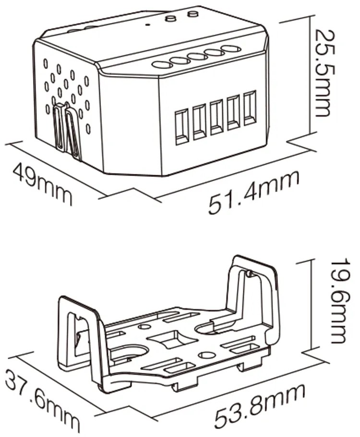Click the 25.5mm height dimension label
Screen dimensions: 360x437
pyautogui.click(x=323, y=73)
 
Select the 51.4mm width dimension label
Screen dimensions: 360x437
pyautogui.click(x=254, y=192)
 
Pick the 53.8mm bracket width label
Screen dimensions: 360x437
pyautogui.click(x=260, y=407)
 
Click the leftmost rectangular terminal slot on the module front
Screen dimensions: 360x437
pyautogui.click(x=181, y=127)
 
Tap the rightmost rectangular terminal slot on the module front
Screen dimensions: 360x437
pyautogui.click(x=250, y=108)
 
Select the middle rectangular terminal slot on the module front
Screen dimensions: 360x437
pyautogui.click(x=216, y=117)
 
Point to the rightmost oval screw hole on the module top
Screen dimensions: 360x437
pyautogui.click(x=231, y=49)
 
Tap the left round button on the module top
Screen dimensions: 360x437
pyautogui.click(x=170, y=18)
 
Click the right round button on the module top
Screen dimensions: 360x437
pyautogui.click(x=192, y=13)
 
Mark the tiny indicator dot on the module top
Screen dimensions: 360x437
pyautogui.click(x=148, y=25)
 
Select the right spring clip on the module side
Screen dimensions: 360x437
pyautogui.click(x=73, y=133)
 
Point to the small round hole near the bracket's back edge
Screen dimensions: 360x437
pyautogui.click(x=144, y=327)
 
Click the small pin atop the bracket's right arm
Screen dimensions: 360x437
pyautogui.click(x=250, y=273)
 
